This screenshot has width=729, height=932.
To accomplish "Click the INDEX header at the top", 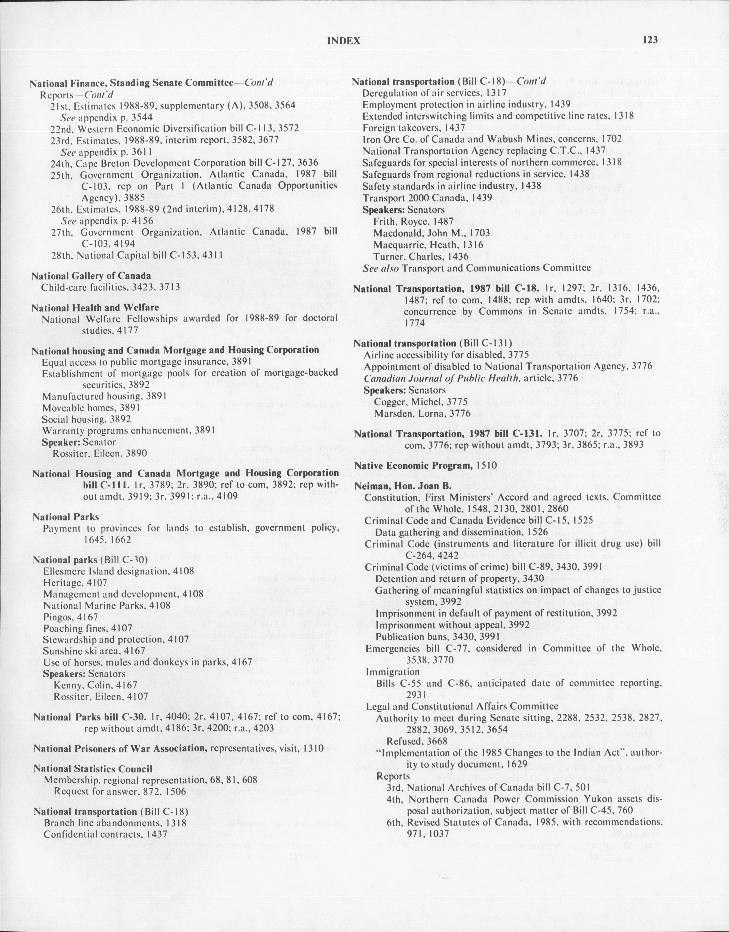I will pos(344,41).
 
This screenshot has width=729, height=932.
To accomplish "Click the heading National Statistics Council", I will pos(93,768).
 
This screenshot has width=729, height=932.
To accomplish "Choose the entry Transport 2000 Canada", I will pos(427,198).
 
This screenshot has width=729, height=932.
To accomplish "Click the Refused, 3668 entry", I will pos(417,741).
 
